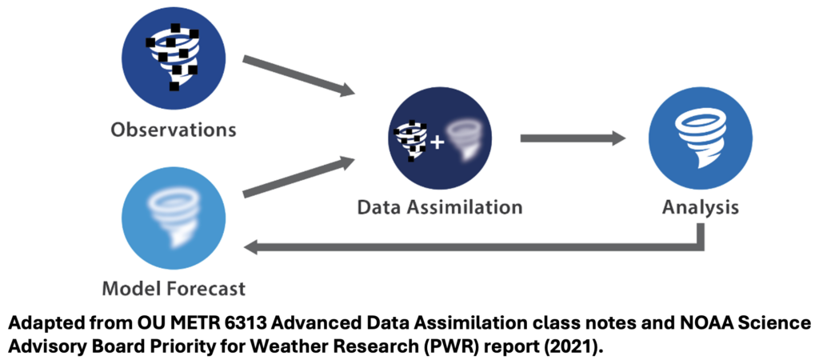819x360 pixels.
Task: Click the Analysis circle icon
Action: (x=700, y=139)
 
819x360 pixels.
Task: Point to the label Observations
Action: (x=174, y=129)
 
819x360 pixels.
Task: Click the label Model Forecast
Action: (x=174, y=287)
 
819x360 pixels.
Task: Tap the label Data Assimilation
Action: (x=439, y=207)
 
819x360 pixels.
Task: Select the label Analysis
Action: (x=700, y=207)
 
